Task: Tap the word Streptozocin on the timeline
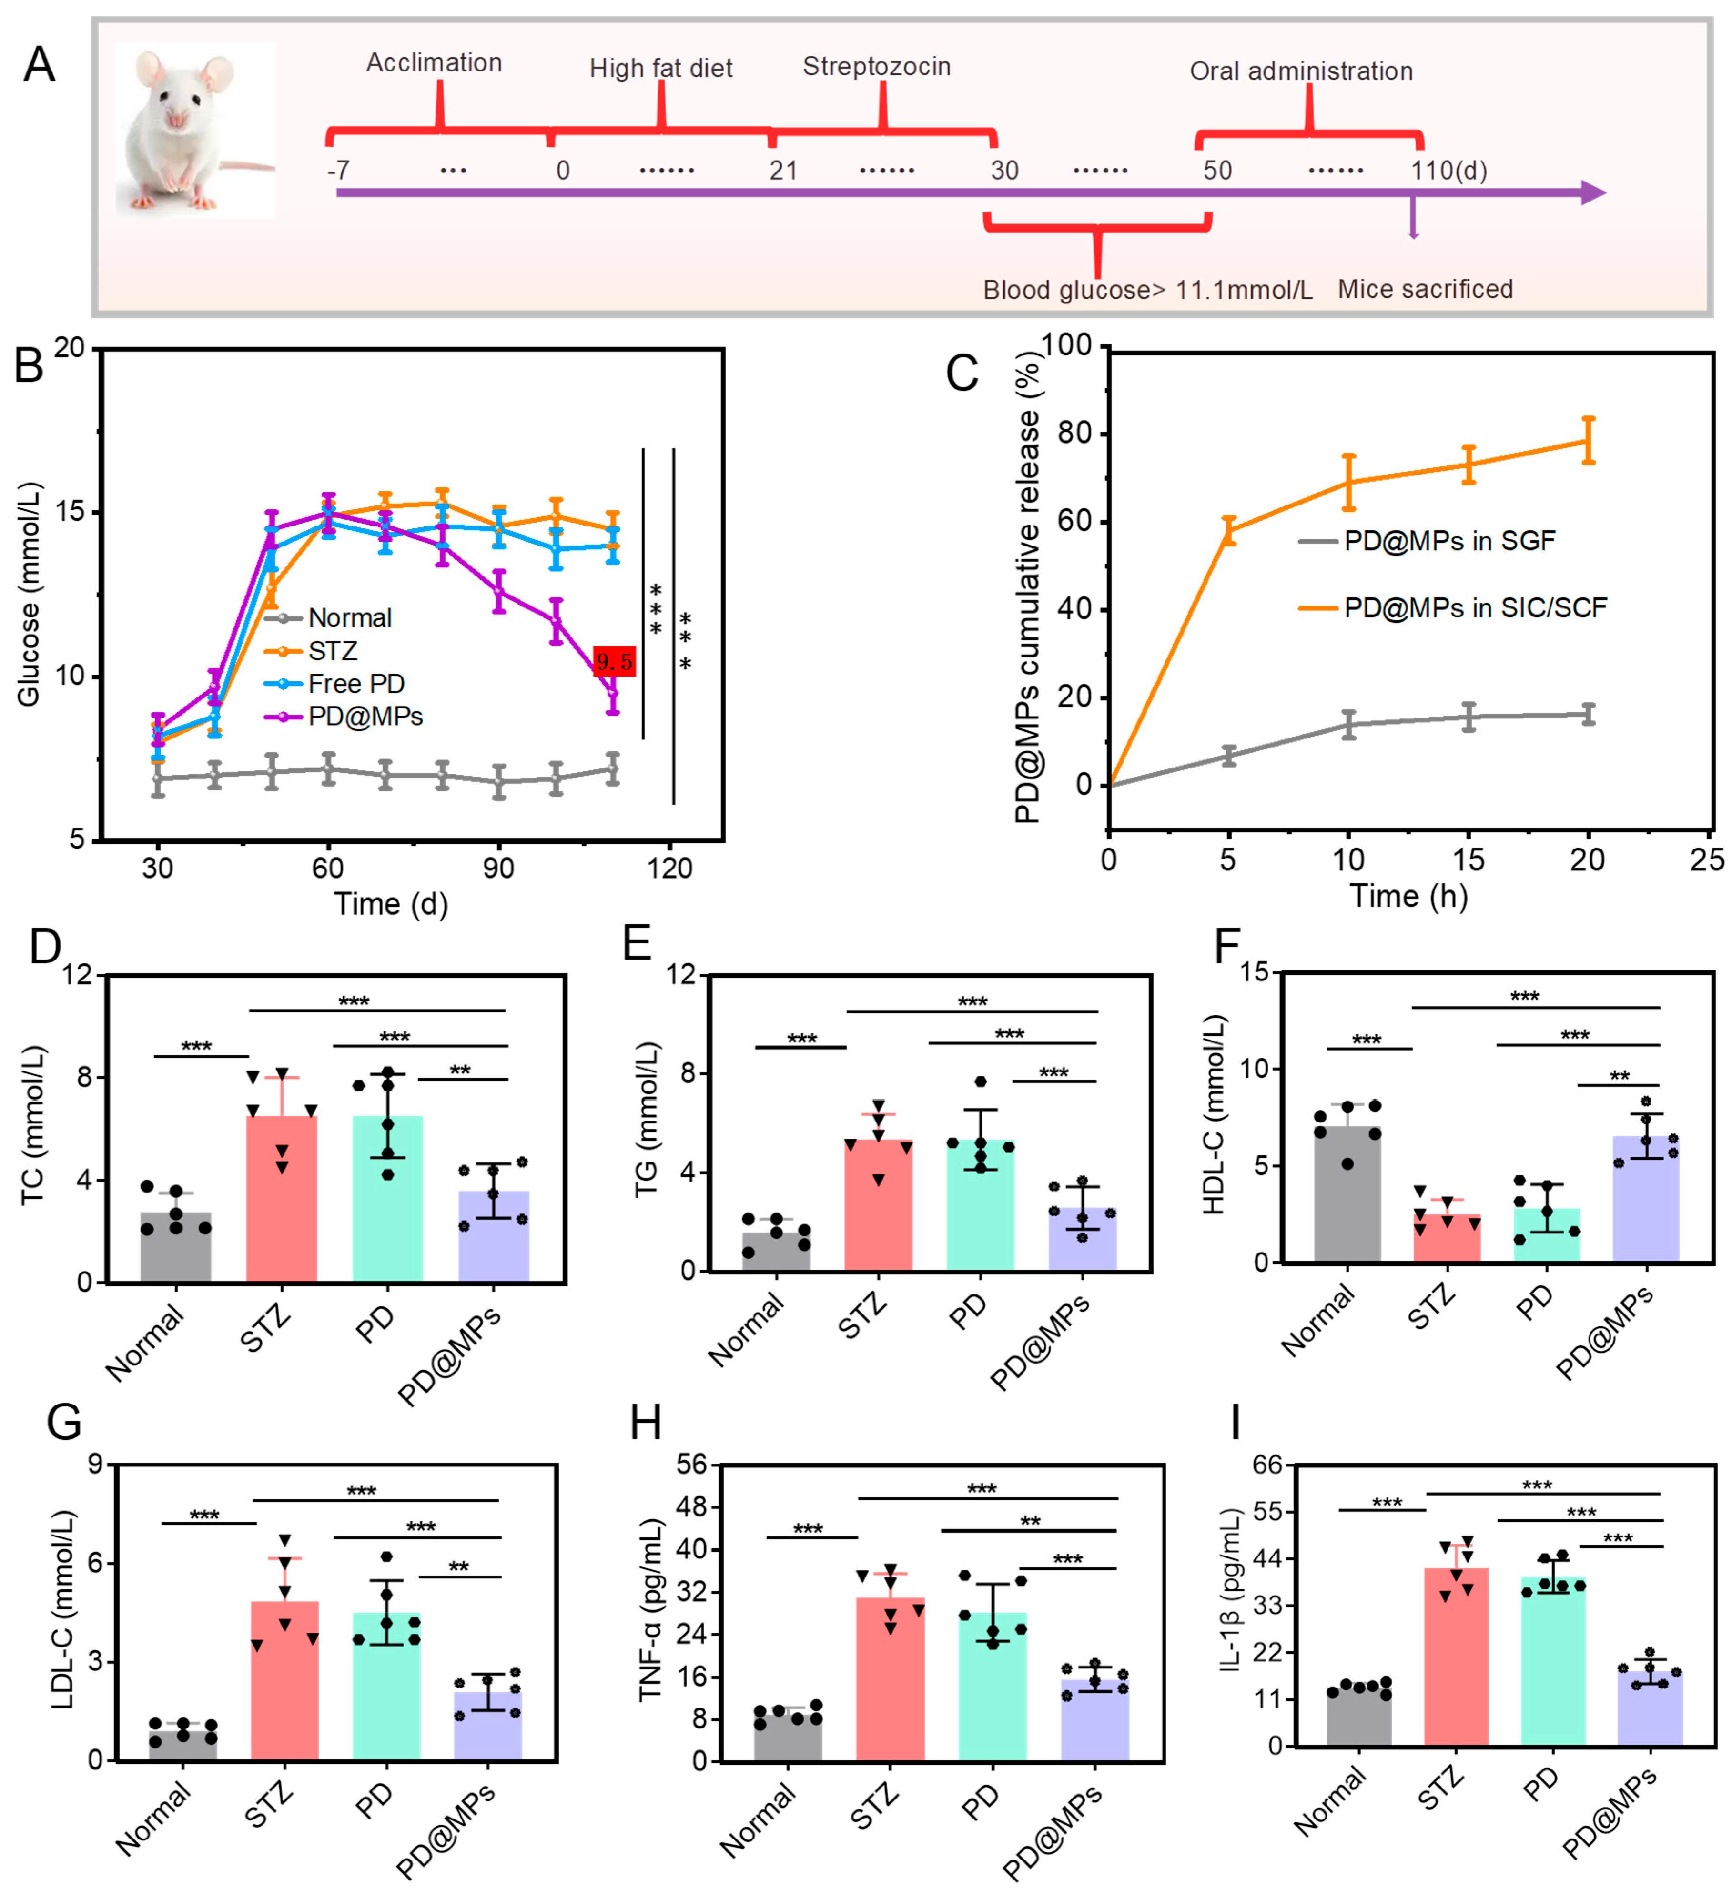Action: tap(876, 67)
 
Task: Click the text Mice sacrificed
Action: tap(1425, 289)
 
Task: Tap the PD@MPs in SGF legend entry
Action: tap(1427, 541)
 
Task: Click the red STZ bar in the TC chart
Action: tap(282, 1199)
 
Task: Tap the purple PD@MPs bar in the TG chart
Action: tap(1083, 1239)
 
